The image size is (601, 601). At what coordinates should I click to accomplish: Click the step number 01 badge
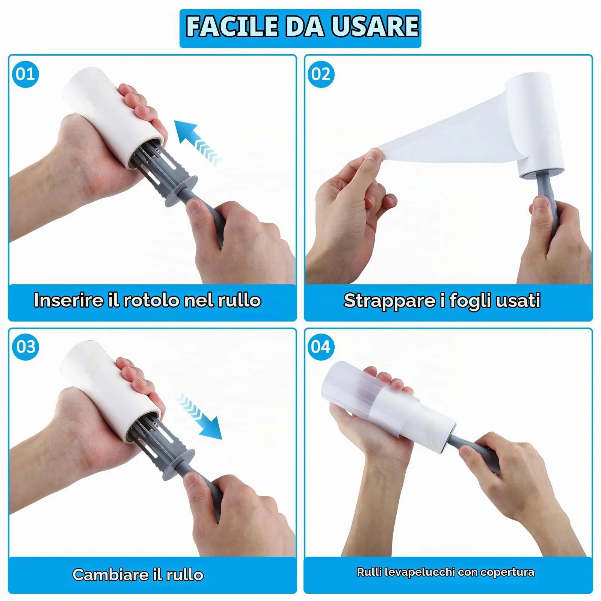tap(26, 74)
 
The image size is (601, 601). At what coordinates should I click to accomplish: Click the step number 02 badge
tap(321, 74)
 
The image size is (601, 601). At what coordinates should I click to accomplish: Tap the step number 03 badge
tap(26, 347)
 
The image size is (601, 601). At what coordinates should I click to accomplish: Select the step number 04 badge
tap(321, 347)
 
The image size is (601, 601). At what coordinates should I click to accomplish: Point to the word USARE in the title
tap(375, 26)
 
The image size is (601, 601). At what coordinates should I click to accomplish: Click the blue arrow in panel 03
tap(199, 416)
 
